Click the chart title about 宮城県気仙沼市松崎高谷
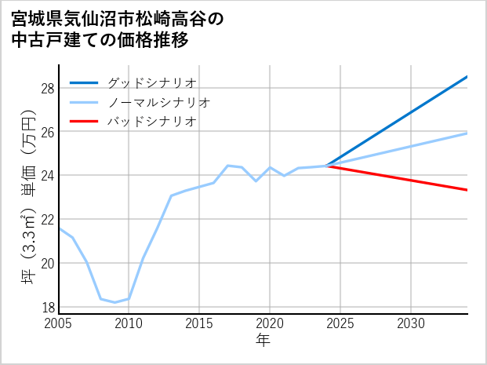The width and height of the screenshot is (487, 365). tap(118, 29)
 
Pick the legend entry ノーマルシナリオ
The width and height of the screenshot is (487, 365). tap(158, 102)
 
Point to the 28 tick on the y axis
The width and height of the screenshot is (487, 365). tap(47, 88)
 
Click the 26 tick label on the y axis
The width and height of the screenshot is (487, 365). tap(47, 132)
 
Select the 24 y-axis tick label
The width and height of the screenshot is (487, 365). tap(47, 175)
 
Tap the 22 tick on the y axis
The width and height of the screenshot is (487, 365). tap(47, 219)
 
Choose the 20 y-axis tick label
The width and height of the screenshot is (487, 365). tap(47, 263)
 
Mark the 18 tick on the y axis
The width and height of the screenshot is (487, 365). tap(47, 306)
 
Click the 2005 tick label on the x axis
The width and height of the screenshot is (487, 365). tap(59, 323)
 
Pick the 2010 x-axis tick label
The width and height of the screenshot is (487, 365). tap(129, 323)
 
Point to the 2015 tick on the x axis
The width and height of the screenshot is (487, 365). tap(200, 323)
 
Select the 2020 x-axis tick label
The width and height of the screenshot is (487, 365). tap(270, 323)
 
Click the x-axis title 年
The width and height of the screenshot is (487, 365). tap(263, 341)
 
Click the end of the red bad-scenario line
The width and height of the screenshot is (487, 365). tap(467, 190)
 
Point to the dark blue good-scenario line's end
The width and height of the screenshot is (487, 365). tap(467, 77)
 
